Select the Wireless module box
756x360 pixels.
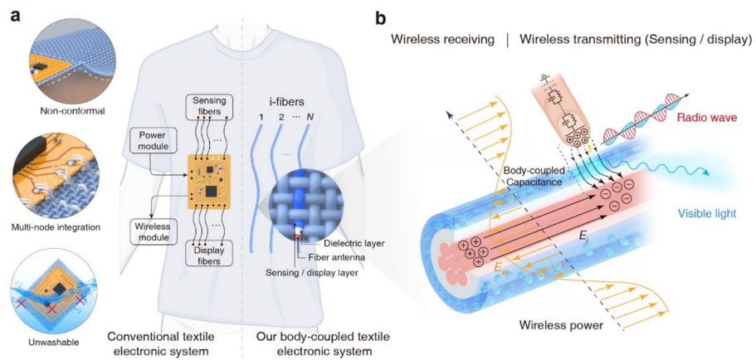point(151,232)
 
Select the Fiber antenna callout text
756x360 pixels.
point(337,257)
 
